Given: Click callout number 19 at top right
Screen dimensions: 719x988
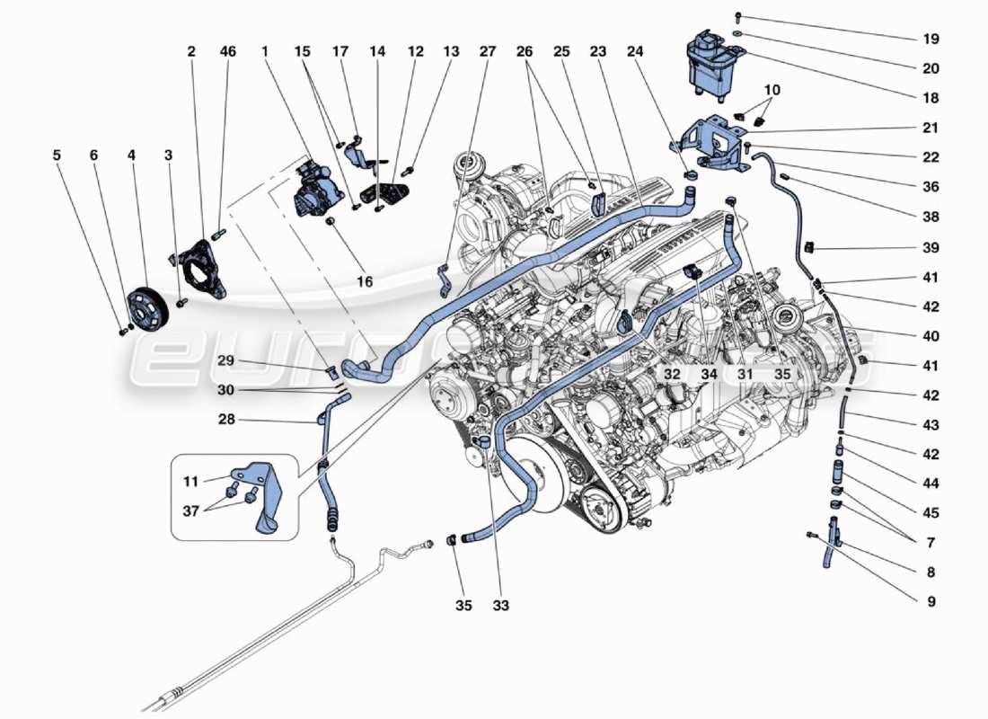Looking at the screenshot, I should point(931,40).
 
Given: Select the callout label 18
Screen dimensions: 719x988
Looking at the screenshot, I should point(931,97).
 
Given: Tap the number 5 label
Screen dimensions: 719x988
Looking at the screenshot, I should point(57,155).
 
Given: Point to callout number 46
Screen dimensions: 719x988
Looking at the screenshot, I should point(228,52).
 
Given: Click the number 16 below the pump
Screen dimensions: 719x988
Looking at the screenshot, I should point(364,282).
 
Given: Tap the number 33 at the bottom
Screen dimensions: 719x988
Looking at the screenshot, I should point(500,606).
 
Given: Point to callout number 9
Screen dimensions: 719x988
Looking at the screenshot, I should point(931,602).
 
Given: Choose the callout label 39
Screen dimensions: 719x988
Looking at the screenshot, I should point(931,247).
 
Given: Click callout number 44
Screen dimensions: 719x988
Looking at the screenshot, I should point(931,484).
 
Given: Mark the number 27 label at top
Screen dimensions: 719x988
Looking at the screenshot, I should point(487,52).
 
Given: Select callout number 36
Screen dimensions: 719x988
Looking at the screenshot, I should point(931,187).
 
